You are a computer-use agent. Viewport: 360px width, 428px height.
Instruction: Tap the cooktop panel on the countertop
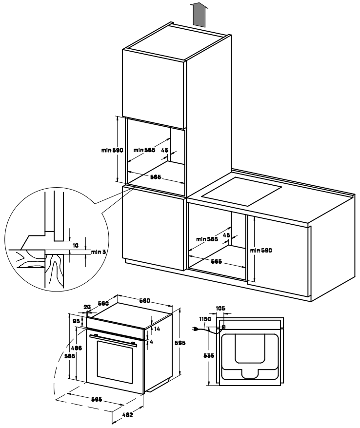tap(242, 192)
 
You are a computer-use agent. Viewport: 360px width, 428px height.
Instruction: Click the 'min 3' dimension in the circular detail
tap(98, 252)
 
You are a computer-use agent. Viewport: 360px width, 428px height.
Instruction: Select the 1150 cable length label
tap(204, 319)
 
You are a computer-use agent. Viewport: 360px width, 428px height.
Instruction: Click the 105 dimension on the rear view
tap(220, 308)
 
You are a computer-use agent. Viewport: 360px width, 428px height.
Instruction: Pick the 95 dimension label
tap(77, 322)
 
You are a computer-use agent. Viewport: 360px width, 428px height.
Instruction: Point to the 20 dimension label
tap(87, 307)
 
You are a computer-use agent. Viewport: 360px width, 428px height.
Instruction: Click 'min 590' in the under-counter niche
tap(261, 250)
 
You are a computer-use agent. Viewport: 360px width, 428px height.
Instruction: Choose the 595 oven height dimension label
tap(180, 344)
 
